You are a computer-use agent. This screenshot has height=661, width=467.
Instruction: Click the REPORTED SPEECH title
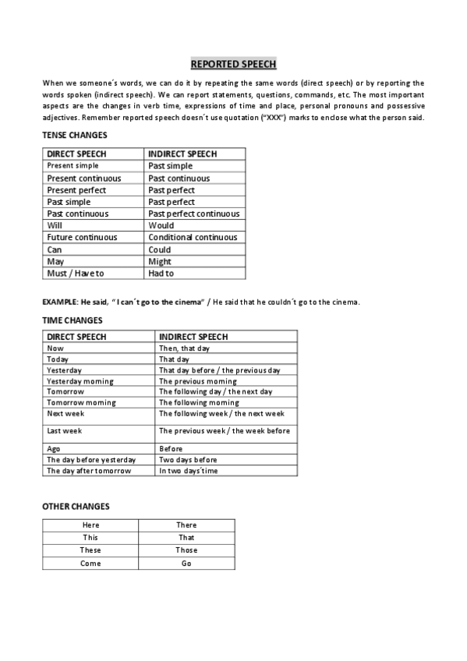tap(233, 65)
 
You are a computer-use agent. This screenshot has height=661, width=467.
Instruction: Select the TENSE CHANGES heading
tap(75, 136)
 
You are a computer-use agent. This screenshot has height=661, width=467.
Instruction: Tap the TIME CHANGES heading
tap(72, 320)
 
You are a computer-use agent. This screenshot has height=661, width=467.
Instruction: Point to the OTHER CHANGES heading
tap(76, 507)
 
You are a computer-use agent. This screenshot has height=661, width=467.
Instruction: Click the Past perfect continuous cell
tap(194, 214)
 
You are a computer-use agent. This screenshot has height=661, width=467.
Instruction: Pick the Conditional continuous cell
tap(192, 238)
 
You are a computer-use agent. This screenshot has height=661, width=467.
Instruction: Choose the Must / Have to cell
tap(76, 274)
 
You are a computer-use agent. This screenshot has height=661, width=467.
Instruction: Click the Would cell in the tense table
tap(161, 226)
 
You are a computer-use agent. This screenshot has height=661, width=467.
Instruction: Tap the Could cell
tap(160, 249)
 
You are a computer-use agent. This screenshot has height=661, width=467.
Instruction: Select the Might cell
tap(160, 262)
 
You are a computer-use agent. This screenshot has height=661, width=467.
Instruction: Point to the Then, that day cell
tap(185, 348)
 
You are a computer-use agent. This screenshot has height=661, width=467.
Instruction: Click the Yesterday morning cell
tap(80, 381)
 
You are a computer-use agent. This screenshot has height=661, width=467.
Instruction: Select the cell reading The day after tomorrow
tap(89, 471)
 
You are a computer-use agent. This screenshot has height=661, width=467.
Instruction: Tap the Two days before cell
tap(188, 460)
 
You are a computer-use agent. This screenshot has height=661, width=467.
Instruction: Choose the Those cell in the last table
tap(186, 550)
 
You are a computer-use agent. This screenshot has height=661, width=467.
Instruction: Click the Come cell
tap(90, 564)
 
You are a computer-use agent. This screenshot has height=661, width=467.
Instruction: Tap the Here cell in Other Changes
tap(90, 525)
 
